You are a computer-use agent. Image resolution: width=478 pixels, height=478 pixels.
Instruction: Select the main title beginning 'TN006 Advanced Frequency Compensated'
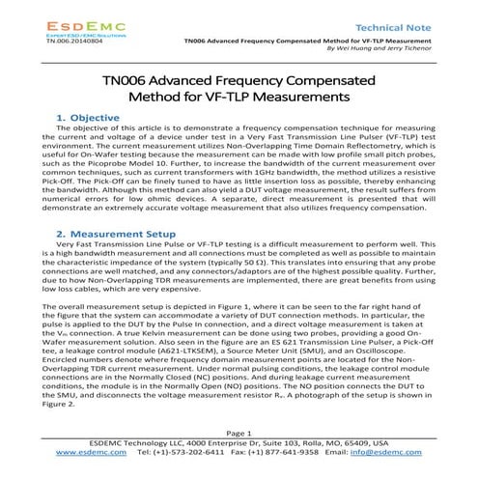click(239, 87)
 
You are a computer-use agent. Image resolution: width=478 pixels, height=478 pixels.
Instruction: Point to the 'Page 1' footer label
click(239, 461)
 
